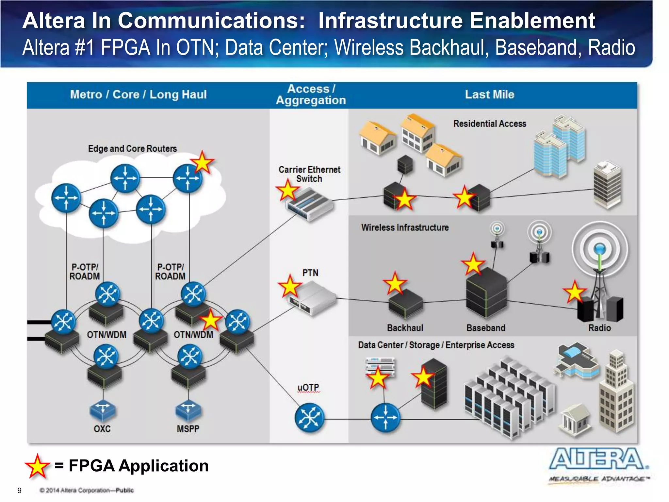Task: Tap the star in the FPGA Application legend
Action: (37, 466)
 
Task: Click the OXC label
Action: (102, 429)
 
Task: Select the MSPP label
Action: (188, 429)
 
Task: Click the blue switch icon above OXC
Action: (103, 410)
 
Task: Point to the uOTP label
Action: (308, 388)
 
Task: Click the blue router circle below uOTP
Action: (309, 418)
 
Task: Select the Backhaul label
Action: (405, 328)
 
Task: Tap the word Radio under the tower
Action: (599, 328)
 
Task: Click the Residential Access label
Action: (489, 124)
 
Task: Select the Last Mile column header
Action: (489, 94)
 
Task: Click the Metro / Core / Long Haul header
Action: (138, 94)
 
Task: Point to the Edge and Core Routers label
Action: (132, 149)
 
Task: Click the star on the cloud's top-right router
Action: (202, 162)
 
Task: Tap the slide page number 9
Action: (19, 490)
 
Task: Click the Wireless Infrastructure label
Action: (405, 227)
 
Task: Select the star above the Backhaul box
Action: (395, 283)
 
